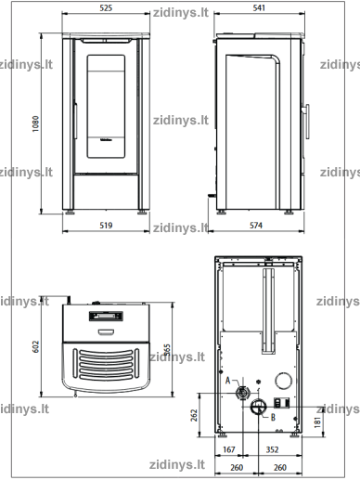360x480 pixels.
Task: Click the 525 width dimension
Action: [106, 8]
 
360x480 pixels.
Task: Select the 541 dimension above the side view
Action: [259, 8]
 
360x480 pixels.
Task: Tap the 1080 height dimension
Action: [36, 123]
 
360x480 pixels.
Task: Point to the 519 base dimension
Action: [106, 226]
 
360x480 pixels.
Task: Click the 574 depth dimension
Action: [256, 226]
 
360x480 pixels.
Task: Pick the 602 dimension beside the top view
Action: [36, 346]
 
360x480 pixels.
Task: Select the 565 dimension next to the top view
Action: [167, 350]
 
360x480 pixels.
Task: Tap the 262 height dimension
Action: [194, 415]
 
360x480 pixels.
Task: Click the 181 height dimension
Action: [317, 422]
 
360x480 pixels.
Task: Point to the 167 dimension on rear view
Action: [229, 449]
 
